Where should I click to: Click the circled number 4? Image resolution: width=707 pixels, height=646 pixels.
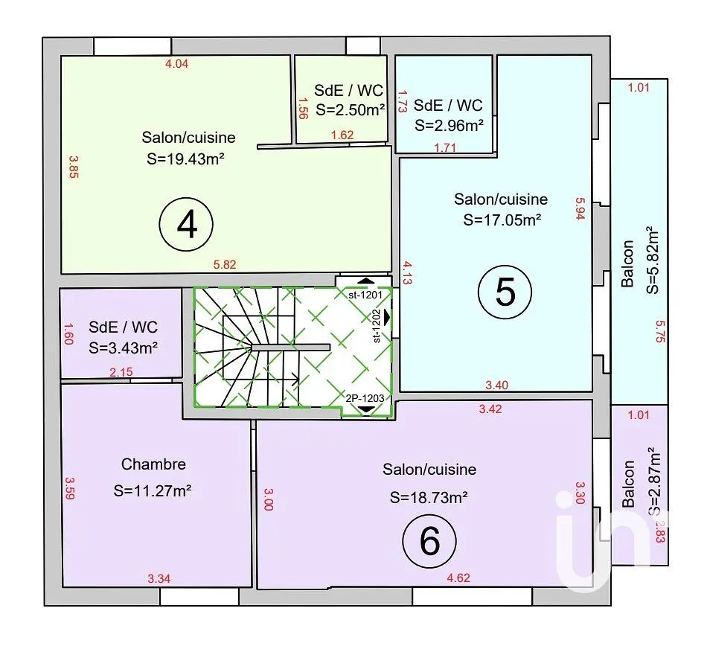pyautogui.click(x=187, y=223)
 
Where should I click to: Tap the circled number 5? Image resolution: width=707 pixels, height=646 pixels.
pyautogui.click(x=505, y=292)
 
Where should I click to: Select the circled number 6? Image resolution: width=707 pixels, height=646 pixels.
pyautogui.click(x=429, y=541)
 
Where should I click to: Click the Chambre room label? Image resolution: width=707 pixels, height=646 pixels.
pyautogui.click(x=153, y=464)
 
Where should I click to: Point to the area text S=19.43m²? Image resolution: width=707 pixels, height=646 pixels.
pyautogui.click(x=188, y=159)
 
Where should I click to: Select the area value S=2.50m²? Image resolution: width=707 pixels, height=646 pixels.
pyautogui.click(x=350, y=110)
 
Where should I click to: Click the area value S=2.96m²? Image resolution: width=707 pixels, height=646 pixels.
pyautogui.click(x=449, y=124)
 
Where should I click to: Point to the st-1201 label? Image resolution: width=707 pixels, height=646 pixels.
pyautogui.click(x=365, y=295)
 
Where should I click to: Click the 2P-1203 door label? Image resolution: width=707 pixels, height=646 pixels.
pyautogui.click(x=365, y=399)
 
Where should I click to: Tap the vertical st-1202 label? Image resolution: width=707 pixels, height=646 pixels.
pyautogui.click(x=377, y=325)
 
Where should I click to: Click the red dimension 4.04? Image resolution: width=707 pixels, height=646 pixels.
pyautogui.click(x=176, y=64)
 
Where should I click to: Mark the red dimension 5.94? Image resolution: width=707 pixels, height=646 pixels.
pyautogui.click(x=581, y=209)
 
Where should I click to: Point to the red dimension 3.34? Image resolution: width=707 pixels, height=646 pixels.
pyautogui.click(x=160, y=578)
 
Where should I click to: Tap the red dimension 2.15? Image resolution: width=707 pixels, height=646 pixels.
pyautogui.click(x=121, y=371)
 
